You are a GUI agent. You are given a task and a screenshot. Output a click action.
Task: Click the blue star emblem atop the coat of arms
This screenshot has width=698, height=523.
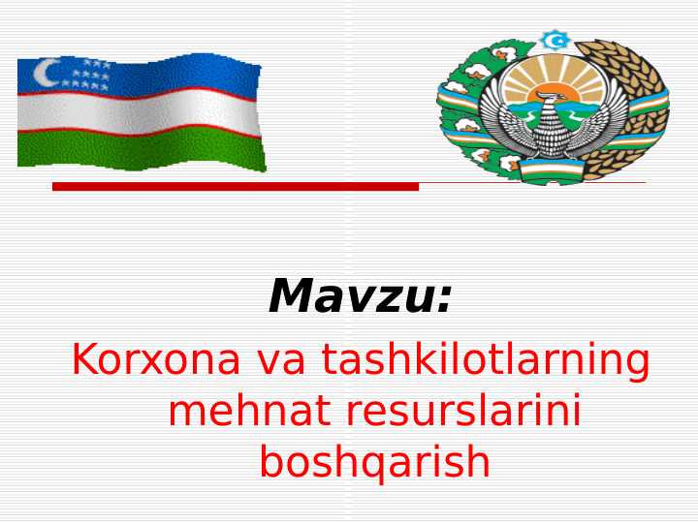coord(555,41)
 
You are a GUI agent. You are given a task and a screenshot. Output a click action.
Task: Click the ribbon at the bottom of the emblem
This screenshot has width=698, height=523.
coord(553,169)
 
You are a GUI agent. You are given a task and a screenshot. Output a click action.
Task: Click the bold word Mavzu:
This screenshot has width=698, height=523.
coord(360,296)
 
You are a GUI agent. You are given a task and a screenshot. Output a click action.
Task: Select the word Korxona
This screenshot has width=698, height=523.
coord(156,360)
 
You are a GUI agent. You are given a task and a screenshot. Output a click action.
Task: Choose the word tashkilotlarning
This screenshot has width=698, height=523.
coord(486,360)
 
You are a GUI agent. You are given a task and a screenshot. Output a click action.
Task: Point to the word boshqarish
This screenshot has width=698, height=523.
coord(374,463)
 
